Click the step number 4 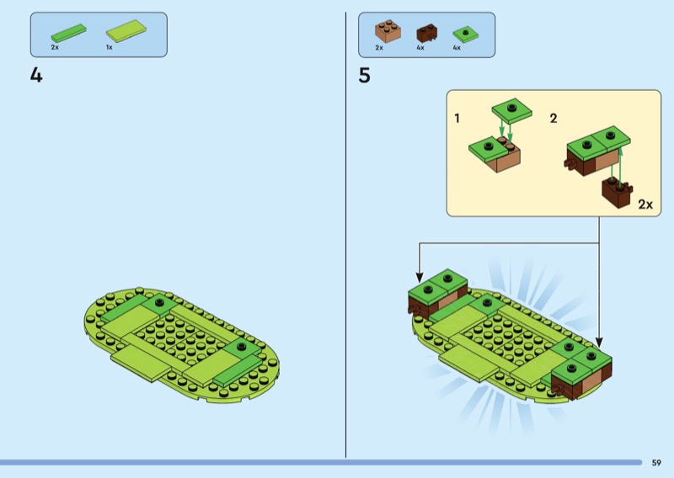(x=36, y=75)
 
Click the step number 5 (x=364, y=76)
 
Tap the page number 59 (x=656, y=463)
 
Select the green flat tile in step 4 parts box (x=69, y=33)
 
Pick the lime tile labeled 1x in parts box (x=126, y=30)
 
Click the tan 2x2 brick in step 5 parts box (x=388, y=31)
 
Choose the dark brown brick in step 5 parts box (x=427, y=33)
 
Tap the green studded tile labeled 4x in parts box (x=466, y=34)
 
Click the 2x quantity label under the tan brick (x=379, y=48)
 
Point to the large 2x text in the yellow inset (x=645, y=204)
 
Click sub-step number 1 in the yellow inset (x=457, y=118)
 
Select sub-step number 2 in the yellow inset (x=554, y=118)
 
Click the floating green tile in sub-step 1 (x=511, y=109)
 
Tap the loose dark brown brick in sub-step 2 (x=617, y=193)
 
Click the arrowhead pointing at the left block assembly (x=420, y=277)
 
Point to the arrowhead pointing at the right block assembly (x=599, y=342)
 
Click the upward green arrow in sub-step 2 (x=620, y=163)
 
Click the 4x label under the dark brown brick (x=420, y=48)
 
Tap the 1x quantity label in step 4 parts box (x=110, y=47)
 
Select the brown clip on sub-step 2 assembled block (x=570, y=163)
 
